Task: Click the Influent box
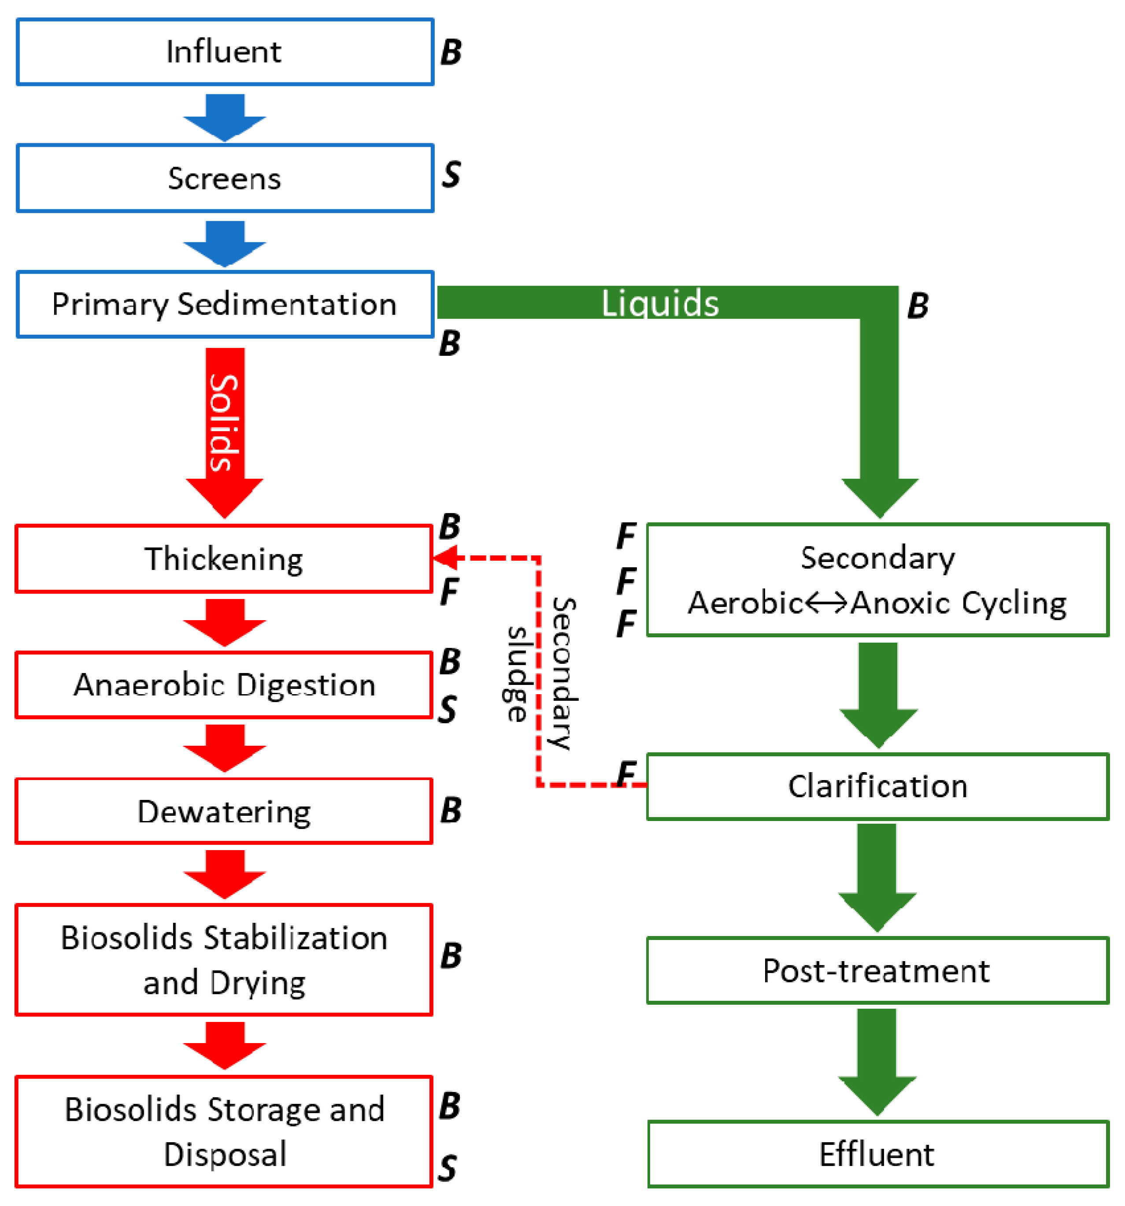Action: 225,52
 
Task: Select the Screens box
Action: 225,178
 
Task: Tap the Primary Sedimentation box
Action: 225,304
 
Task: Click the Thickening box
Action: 223,558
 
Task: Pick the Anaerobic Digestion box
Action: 223,685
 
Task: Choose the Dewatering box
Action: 223,811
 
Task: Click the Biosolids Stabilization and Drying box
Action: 223,960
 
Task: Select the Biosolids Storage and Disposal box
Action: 223,1132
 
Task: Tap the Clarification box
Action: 877,786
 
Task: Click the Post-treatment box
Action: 877,971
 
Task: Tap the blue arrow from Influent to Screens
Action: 225,118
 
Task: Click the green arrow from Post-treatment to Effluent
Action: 877,1062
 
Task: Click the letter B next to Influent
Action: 451,52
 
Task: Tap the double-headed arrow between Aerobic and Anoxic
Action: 826,603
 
